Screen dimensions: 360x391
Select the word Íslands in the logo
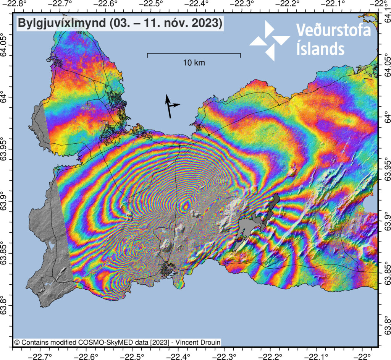click(x=320, y=49)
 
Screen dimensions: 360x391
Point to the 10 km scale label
click(x=194, y=63)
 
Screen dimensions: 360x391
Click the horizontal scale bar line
click(x=194, y=54)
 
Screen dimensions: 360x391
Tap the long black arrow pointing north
click(x=168, y=106)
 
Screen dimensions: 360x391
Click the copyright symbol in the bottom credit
click(x=16, y=342)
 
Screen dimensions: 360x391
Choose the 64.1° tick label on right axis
click(x=386, y=18)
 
